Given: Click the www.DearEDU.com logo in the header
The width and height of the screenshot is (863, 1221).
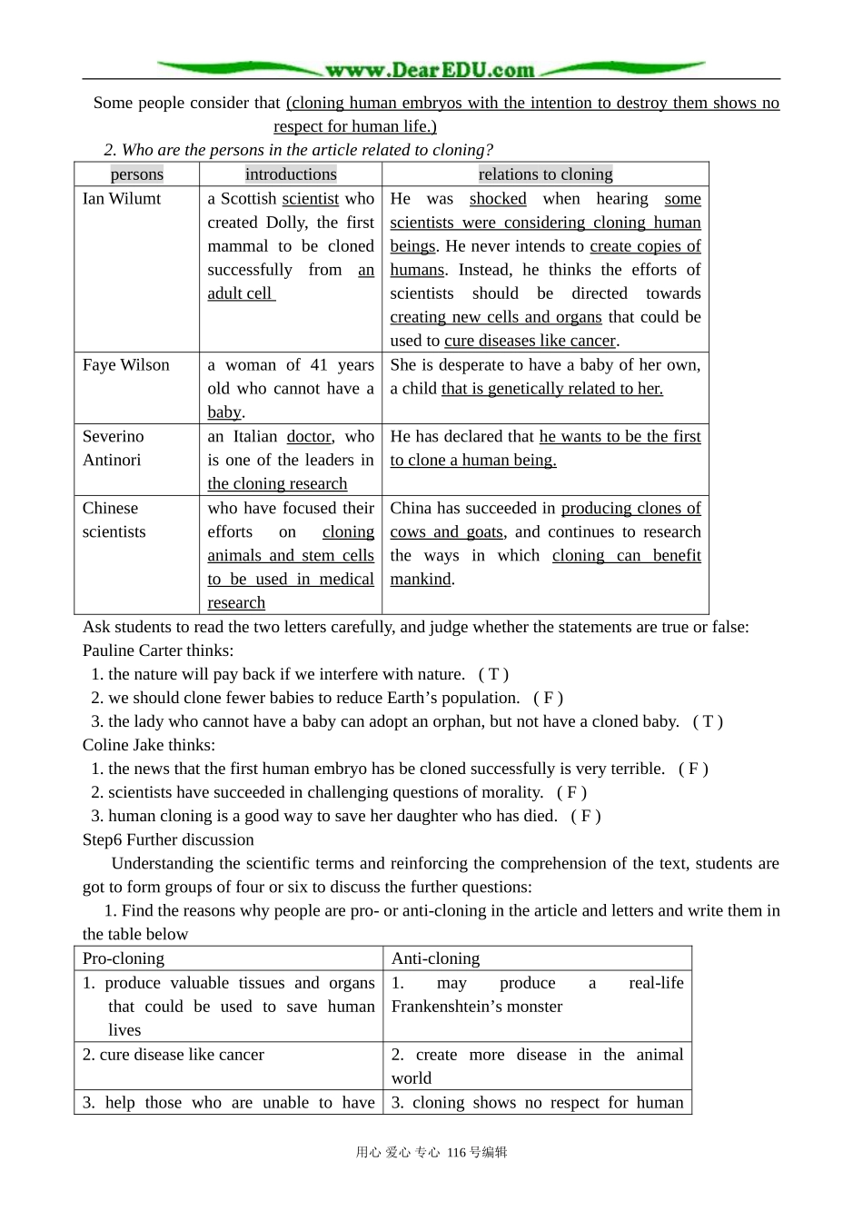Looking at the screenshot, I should coord(430,69).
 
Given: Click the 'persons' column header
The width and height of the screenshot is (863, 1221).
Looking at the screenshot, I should coord(137,174).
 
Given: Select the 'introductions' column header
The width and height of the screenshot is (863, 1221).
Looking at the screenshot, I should coord(291,174).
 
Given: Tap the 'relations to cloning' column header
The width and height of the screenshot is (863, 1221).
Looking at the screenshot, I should coord(545,174).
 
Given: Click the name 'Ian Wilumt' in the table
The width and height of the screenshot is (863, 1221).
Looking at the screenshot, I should coord(122,199).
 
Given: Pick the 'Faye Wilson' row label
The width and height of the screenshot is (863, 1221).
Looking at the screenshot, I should coord(125,365).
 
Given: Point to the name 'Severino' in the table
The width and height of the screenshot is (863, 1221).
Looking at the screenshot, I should coord(113,437).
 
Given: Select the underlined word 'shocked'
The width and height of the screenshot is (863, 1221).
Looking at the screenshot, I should coord(498,199).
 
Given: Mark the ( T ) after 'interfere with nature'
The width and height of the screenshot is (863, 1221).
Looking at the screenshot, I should coord(493,674).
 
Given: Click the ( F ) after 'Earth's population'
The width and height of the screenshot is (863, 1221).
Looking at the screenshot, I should coord(548,698).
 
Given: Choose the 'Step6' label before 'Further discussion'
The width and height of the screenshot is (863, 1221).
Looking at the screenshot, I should coord(103,839).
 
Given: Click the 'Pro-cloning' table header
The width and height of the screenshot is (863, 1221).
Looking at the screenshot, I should coord(124,958).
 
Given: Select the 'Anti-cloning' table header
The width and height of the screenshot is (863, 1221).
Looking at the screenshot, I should coord(435,958).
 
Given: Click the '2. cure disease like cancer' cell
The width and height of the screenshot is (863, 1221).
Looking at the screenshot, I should coord(174,1055).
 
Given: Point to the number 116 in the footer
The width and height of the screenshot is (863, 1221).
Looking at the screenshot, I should coord(456,1153).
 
